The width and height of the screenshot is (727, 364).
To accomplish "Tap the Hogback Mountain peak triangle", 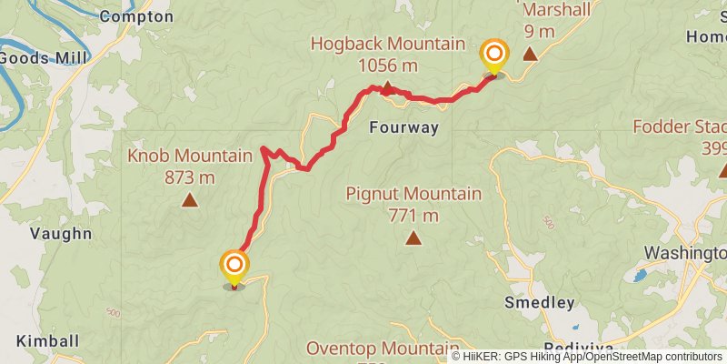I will coord(386,88).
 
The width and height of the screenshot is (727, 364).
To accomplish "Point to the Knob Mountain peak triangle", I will coord(190,200).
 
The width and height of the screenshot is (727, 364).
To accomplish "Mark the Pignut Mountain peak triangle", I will coord(413,238).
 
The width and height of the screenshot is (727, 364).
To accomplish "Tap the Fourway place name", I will coord(403,128).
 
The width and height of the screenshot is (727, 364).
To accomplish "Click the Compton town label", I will coord(135,16).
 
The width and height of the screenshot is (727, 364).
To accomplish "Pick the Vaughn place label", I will coord(60,234).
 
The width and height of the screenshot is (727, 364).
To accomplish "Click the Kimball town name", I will coord(47,340).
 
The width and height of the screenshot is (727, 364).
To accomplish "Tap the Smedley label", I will coord(541,302).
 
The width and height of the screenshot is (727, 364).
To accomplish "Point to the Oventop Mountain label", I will coord(382,349).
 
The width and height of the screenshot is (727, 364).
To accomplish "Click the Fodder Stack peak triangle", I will coord(723,170).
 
